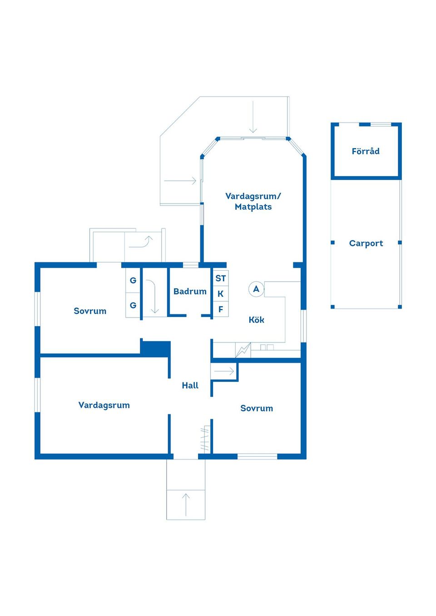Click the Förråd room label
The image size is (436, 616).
[366, 151]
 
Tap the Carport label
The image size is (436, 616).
[366, 243]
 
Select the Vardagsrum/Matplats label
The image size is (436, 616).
[253, 201]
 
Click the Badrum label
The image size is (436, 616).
[190, 291]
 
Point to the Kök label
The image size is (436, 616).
[256, 320]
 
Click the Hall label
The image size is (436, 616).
[190, 385]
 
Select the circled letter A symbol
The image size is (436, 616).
[256, 289]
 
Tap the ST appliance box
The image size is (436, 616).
[221, 278]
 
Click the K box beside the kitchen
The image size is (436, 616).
[221, 293]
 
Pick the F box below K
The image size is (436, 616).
[221, 309]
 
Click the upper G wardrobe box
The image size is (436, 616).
[133, 280]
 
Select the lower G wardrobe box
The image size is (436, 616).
[133, 305]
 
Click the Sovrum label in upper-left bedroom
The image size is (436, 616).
[90, 311]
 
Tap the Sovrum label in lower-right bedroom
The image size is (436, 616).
[257, 408]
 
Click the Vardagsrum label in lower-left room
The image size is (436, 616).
[104, 405]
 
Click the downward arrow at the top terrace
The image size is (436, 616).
[253, 117]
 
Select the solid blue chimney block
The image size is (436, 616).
[156, 348]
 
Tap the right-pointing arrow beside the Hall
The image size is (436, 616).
[224, 372]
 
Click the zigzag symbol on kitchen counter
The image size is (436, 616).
[243, 350]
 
